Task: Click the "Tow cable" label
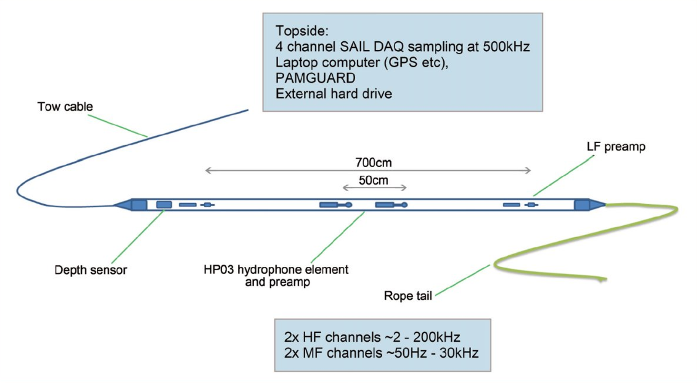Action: (x=65, y=107)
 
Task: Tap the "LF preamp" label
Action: (x=616, y=147)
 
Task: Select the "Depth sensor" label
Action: (x=91, y=270)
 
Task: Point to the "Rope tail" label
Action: (x=408, y=296)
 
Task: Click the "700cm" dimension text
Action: (x=373, y=162)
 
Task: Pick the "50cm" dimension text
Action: (x=373, y=180)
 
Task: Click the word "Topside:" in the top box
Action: (x=302, y=31)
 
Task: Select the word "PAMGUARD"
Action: (x=315, y=78)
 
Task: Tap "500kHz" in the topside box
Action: (x=506, y=46)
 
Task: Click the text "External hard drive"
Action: (x=334, y=94)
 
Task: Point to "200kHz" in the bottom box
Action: (x=436, y=337)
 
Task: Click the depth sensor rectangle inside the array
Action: (x=164, y=205)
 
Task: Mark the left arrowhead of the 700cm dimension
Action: (x=208, y=171)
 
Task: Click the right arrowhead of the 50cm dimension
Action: (x=404, y=187)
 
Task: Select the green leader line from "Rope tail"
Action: (x=463, y=280)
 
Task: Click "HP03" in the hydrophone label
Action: (x=218, y=270)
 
